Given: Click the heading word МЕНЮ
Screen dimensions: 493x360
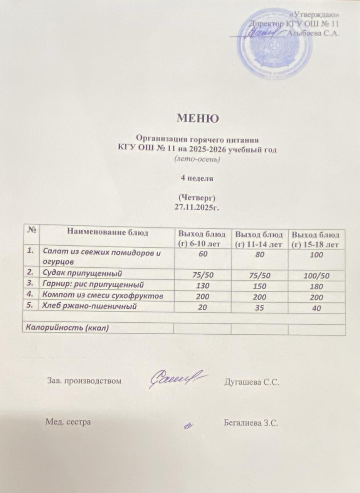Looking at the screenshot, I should tap(198, 118).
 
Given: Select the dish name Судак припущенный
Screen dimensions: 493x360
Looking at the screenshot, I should tap(82, 274).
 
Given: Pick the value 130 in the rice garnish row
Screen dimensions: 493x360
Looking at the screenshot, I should tap(202, 286).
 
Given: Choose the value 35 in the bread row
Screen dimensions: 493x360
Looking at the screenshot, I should tap(260, 308).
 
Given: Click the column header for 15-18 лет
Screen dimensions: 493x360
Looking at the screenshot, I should tap(316, 239).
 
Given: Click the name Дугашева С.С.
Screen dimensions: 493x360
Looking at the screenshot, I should tap(251, 382).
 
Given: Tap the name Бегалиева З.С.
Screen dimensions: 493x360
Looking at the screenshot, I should tap(251, 423).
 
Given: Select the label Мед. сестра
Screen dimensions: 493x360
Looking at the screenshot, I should tap(69, 422).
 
